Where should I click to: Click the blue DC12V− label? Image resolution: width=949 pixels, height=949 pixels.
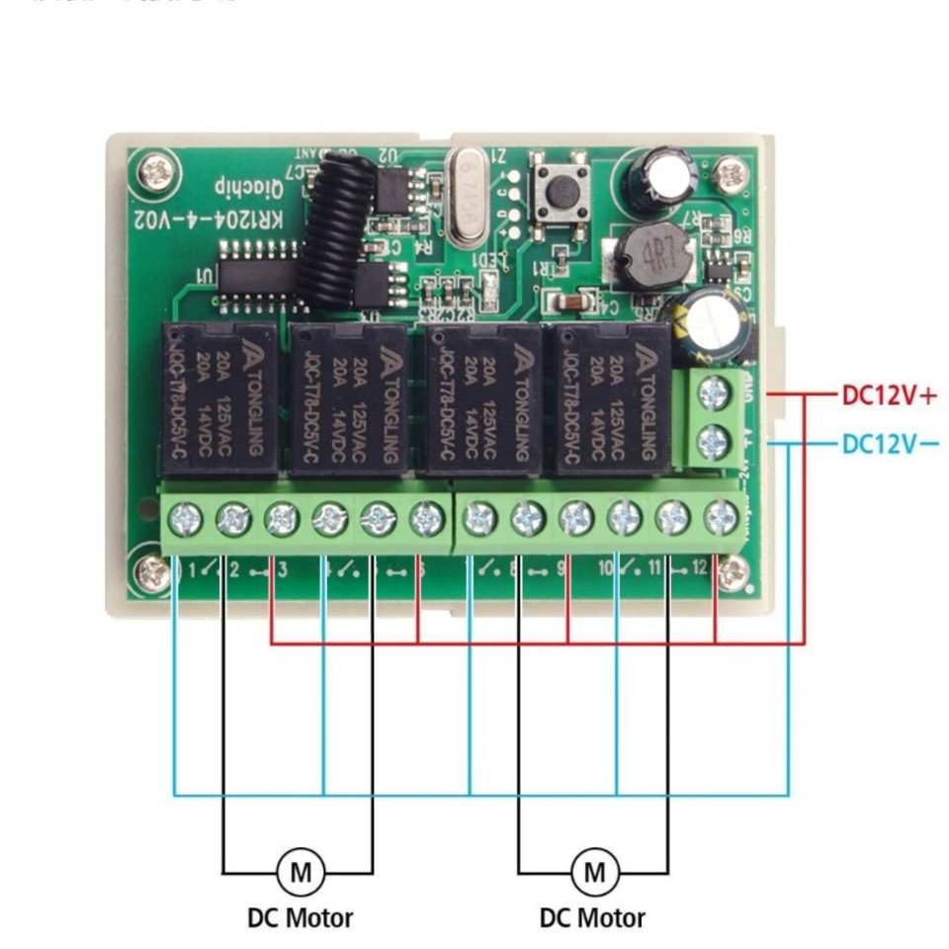tap(888, 443)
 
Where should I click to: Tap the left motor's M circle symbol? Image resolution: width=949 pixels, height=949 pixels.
tap(300, 872)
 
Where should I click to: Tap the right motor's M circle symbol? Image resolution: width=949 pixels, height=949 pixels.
tap(594, 872)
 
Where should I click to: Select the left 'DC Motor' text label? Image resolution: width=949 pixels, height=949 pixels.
tap(300, 917)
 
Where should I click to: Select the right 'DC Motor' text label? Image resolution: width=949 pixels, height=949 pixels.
tap(593, 917)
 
